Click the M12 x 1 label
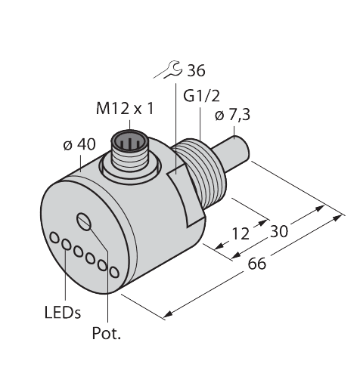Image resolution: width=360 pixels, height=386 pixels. (x=124, y=110)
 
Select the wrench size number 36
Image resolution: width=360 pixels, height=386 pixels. (x=194, y=72)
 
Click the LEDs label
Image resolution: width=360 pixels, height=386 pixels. (x=62, y=312)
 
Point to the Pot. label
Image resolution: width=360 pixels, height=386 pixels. (x=107, y=334)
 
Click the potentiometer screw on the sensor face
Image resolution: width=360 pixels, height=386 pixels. (x=84, y=221)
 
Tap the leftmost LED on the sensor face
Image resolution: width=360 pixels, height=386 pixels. (x=55, y=238)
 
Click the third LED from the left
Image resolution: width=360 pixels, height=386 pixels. (x=79, y=252)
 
